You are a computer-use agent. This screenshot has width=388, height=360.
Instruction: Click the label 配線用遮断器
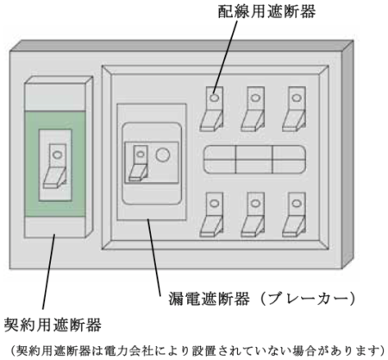point(266,11)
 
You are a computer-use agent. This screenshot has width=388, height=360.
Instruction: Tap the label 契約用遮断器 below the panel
point(53,325)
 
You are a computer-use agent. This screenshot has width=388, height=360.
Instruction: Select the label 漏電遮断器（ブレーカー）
point(262,299)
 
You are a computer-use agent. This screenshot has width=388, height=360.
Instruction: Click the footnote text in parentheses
point(197,351)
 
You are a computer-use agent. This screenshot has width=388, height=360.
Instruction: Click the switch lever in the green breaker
point(55,167)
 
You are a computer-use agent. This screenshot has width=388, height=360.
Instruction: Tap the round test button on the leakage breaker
point(163,155)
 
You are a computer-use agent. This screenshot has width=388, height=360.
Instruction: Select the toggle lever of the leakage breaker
point(139,163)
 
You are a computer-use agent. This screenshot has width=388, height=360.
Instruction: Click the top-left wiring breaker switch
point(212,109)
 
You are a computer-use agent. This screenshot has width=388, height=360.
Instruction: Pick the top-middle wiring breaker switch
point(253,109)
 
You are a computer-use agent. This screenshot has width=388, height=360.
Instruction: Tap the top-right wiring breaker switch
point(294,109)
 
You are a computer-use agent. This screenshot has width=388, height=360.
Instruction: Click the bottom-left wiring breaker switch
point(212,215)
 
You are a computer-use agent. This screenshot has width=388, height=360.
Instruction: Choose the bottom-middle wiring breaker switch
point(253,215)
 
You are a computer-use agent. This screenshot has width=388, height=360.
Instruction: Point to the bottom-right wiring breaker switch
point(294,215)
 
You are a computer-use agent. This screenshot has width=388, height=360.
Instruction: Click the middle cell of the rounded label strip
point(254,160)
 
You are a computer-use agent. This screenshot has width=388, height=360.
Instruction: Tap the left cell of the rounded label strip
point(220,160)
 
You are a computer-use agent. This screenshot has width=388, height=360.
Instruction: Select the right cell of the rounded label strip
point(289,160)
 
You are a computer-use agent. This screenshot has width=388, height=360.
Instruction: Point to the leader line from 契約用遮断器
point(48,272)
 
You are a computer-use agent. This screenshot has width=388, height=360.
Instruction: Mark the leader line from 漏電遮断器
point(154,257)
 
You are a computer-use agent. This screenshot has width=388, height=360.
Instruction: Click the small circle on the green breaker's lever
point(57,155)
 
